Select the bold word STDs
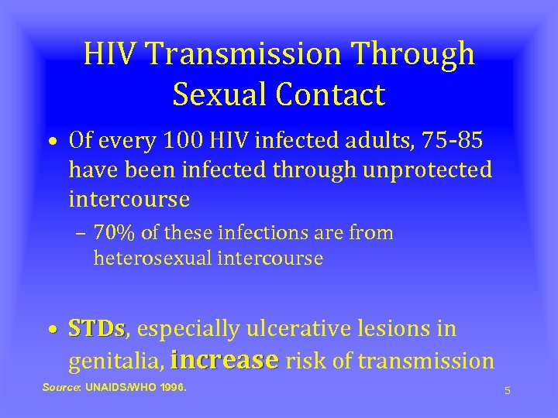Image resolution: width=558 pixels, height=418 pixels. tap(96, 330)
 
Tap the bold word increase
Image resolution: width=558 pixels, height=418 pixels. tap(224, 360)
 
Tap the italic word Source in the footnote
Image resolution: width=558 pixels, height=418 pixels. tap(61, 387)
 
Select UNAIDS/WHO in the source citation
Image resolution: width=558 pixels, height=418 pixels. tap(117, 387)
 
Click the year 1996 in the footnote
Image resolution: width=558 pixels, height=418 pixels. tap(170, 387)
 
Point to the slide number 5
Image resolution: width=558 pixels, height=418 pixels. tap(507, 390)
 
